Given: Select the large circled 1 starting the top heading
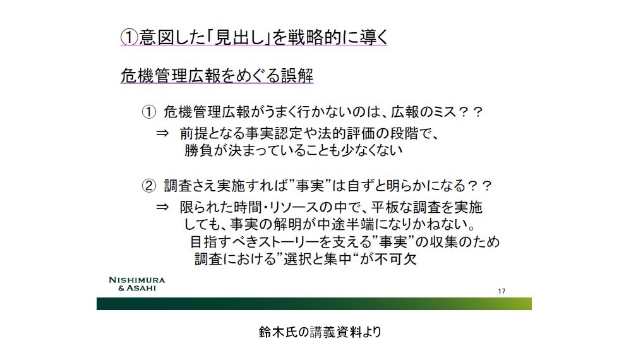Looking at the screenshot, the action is tap(129, 37).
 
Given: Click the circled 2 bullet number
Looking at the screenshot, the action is tap(148, 186).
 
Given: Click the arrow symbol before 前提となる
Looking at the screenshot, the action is tap(162, 133).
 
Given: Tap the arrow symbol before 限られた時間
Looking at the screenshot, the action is tap(162, 207).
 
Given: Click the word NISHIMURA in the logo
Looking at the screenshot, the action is tap(137, 280).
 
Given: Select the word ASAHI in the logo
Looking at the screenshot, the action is tap(141, 288).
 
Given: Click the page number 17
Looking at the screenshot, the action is tap(502, 291).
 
